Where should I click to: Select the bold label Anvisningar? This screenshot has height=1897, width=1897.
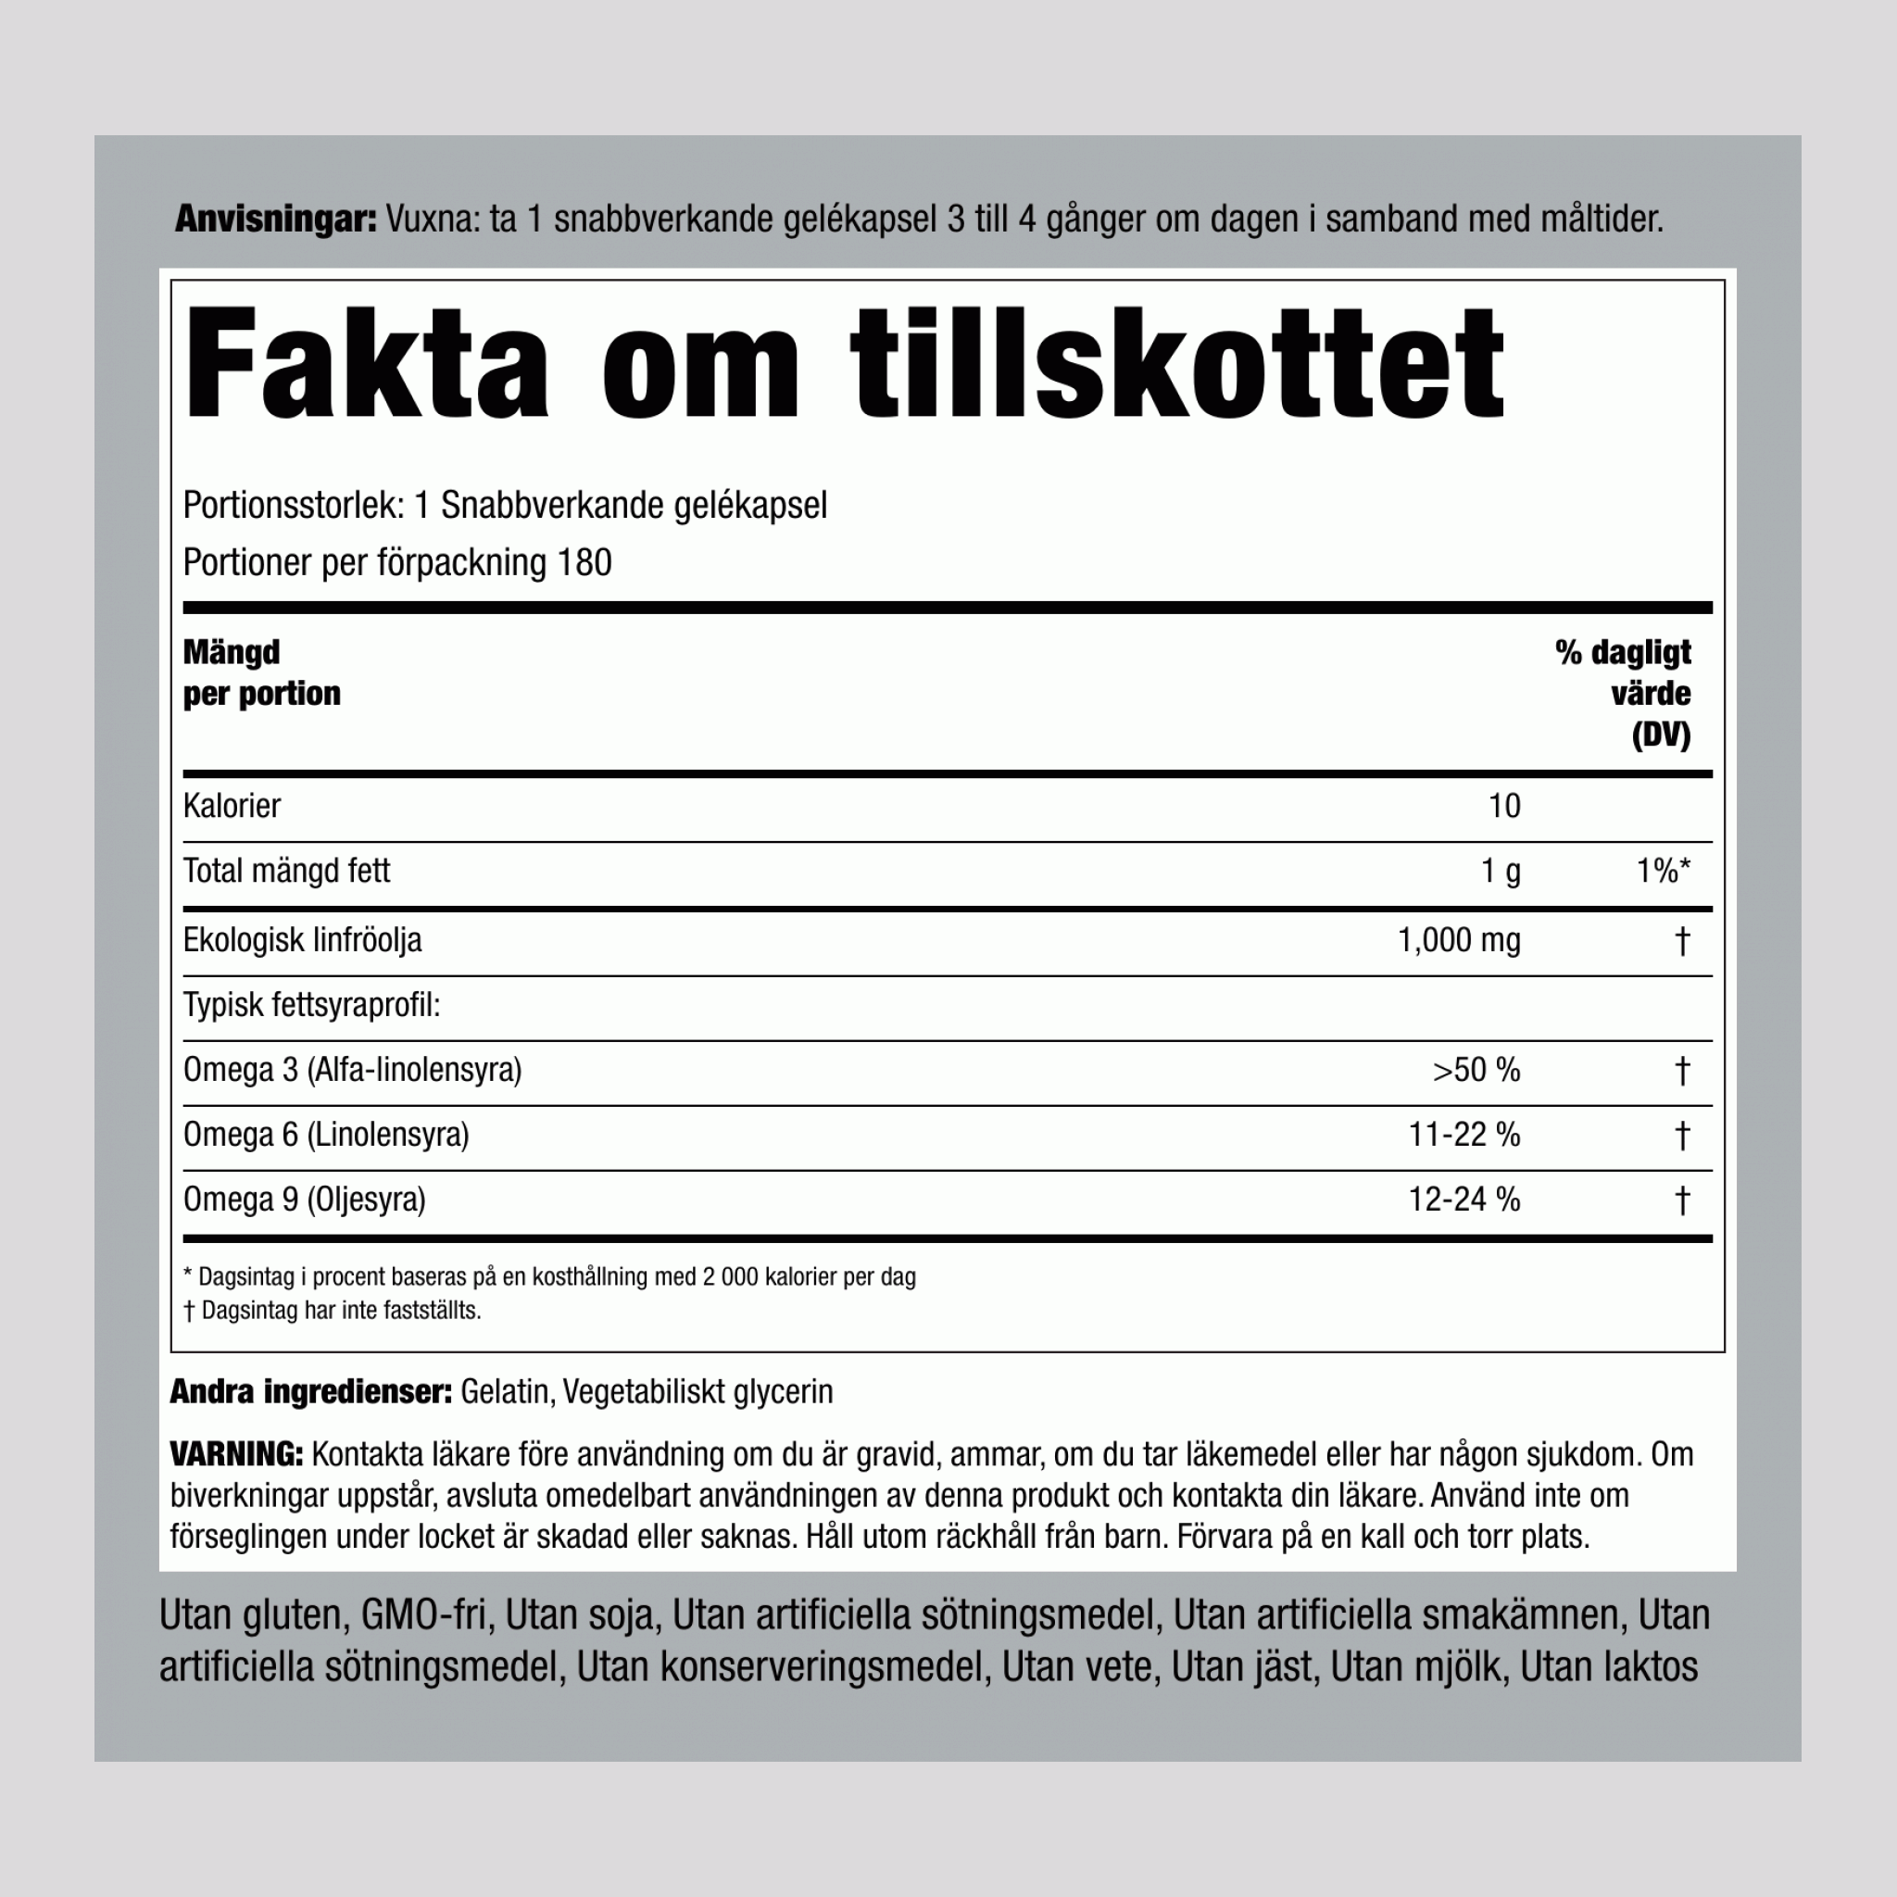click(276, 219)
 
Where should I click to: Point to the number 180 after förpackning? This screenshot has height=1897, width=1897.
click(584, 562)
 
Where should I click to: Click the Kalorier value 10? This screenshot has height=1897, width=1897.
click(1504, 806)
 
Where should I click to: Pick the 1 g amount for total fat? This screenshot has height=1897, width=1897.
click(1501, 871)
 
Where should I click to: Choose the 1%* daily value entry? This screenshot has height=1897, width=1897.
click(1664, 871)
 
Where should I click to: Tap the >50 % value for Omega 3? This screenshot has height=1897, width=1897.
click(1476, 1070)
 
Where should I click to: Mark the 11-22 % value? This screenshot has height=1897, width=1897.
click(1464, 1135)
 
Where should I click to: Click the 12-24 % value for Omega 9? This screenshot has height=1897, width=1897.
click(1464, 1200)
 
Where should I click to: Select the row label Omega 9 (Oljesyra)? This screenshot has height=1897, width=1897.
click(305, 1200)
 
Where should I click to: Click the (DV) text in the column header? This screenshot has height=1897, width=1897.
click(1662, 735)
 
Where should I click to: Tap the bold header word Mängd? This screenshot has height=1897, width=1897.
click(232, 652)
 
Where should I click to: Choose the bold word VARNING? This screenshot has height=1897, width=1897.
click(236, 1454)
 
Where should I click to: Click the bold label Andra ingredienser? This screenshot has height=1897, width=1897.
click(310, 1391)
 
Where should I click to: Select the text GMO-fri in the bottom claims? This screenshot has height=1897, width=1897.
click(424, 1615)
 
